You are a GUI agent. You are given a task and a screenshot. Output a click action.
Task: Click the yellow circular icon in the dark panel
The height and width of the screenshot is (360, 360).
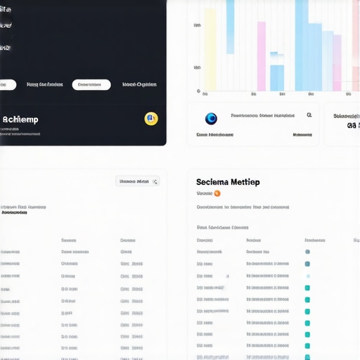150,119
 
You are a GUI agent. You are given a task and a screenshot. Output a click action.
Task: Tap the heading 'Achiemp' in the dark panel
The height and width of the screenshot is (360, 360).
20,120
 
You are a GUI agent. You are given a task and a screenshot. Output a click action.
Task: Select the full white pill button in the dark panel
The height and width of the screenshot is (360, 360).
91,84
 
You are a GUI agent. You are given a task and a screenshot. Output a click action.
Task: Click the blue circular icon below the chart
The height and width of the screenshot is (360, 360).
211,119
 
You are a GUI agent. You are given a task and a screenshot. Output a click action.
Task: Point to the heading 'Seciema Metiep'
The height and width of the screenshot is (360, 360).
228,182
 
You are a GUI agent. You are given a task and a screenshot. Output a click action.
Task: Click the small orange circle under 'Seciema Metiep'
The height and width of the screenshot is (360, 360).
217,193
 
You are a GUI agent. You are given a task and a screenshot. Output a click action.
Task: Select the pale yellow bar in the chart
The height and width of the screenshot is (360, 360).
210,49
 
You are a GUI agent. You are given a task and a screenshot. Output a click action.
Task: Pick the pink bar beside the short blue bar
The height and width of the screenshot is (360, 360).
262,56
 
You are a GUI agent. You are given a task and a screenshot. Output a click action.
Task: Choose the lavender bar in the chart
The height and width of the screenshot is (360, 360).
337,63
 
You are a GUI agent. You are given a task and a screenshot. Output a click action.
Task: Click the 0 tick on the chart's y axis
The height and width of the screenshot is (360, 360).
198,91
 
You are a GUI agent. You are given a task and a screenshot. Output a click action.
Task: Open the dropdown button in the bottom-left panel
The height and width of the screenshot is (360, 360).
138,181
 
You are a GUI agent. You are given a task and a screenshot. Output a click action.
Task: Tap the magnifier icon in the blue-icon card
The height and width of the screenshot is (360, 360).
309,115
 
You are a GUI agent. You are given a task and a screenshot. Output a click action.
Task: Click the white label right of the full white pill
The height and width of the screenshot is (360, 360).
139,84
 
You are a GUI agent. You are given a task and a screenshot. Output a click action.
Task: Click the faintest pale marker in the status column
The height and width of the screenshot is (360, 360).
307,276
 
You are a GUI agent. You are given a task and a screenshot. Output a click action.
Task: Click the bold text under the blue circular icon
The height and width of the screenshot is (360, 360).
214,134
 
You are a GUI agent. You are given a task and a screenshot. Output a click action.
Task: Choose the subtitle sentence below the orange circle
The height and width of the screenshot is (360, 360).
243,207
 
